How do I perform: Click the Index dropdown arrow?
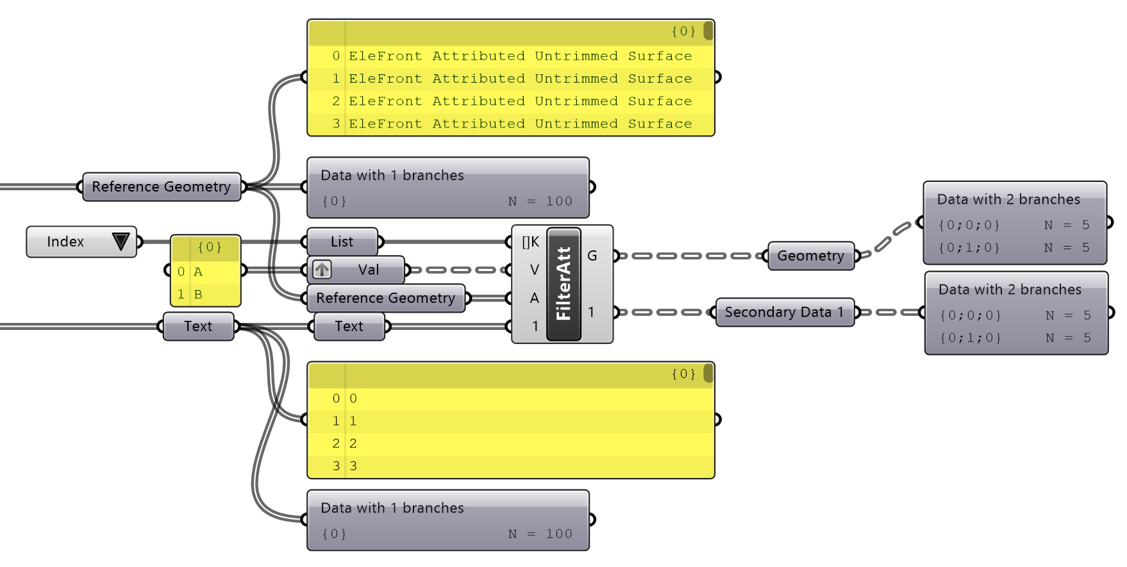[121, 242]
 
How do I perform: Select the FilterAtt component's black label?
[563, 284]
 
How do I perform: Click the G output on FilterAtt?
[592, 256]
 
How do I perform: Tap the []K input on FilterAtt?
[531, 242]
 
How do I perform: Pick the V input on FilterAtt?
[534, 270]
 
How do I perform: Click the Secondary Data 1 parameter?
[784, 312]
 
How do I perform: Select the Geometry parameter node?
[810, 256]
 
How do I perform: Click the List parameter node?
[342, 242]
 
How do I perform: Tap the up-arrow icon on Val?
[322, 270]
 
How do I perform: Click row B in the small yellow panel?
[198, 294]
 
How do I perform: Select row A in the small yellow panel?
[198, 272]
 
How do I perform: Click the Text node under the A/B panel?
[198, 326]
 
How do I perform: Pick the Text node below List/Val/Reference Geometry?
[349, 326]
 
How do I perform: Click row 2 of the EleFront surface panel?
[520, 101]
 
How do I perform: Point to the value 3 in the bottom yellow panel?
[353, 466]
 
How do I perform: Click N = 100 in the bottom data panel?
[540, 534]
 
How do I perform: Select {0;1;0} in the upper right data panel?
[969, 247]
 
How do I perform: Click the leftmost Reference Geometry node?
[161, 186]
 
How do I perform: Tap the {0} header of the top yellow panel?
[683, 31]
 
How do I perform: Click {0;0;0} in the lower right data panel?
[970, 315]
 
